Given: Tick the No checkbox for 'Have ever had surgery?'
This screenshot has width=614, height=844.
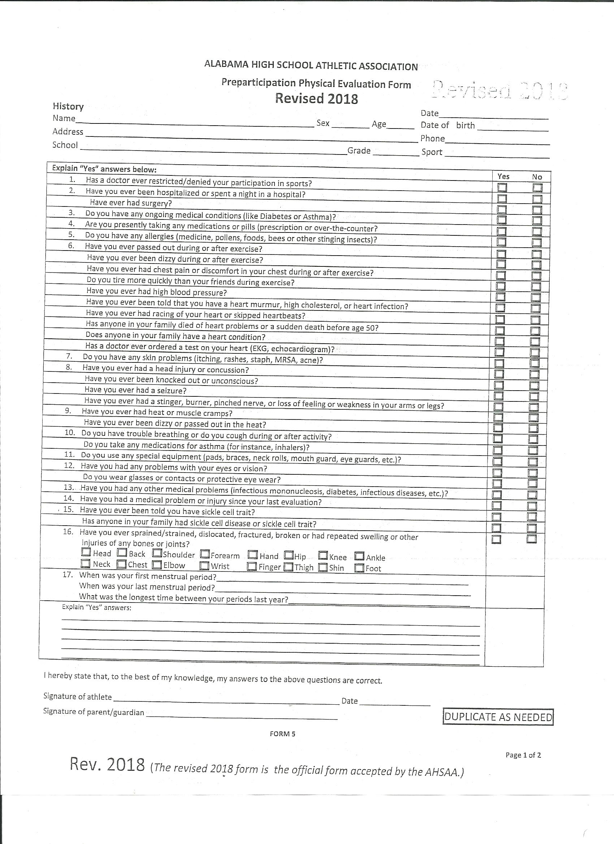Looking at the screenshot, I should coord(537,209).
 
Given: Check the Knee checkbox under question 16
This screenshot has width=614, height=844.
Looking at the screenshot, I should coord(323,556).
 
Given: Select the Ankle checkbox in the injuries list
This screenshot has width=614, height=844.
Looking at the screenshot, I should coord(359,556).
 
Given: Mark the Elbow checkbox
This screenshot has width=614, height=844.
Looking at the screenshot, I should coord(157,565).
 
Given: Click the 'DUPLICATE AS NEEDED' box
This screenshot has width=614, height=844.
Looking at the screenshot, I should coord(498,717).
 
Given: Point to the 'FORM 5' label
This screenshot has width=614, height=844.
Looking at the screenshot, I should coord(282,734).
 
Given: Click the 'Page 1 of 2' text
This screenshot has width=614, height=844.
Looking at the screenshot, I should coord(523,755).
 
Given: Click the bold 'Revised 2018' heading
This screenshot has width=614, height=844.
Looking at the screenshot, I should coord(316,99).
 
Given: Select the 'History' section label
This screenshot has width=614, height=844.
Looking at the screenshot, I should coord(68,106).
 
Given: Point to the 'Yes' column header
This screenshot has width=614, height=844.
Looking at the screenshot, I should coord(503,177).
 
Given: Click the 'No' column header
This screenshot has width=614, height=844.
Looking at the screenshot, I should coord(537,177).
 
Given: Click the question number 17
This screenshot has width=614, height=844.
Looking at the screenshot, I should coord(68,575).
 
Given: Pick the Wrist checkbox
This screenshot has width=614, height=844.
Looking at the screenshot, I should coord(204,566).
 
